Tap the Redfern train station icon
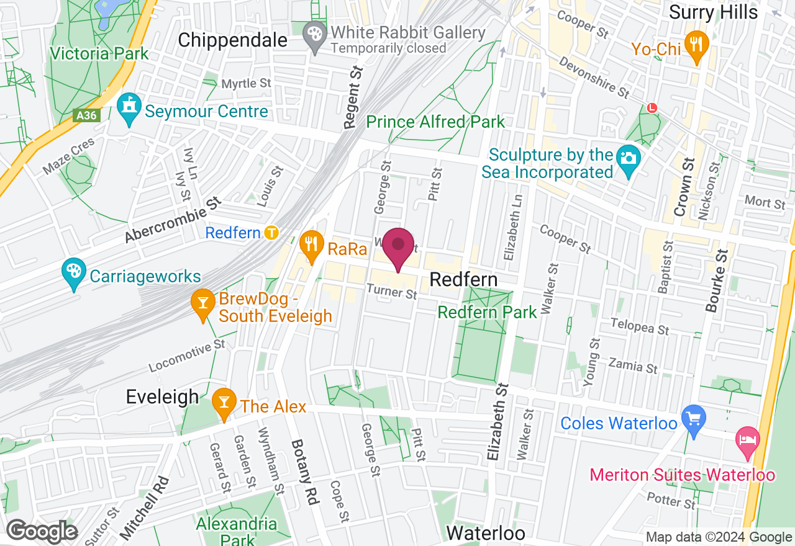[x=271, y=233]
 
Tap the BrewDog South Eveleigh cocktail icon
[x=202, y=304]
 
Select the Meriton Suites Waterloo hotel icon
[x=747, y=441]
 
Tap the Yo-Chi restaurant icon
[x=696, y=46]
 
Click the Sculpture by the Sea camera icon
[x=629, y=159]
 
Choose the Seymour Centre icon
[x=129, y=108]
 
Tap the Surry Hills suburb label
[x=713, y=12]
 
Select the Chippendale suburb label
[x=232, y=40]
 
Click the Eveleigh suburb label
[x=162, y=396]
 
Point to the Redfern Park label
[x=487, y=311]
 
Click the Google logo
[x=42, y=531]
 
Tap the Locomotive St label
[x=187, y=356]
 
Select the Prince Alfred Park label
[x=435, y=121]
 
